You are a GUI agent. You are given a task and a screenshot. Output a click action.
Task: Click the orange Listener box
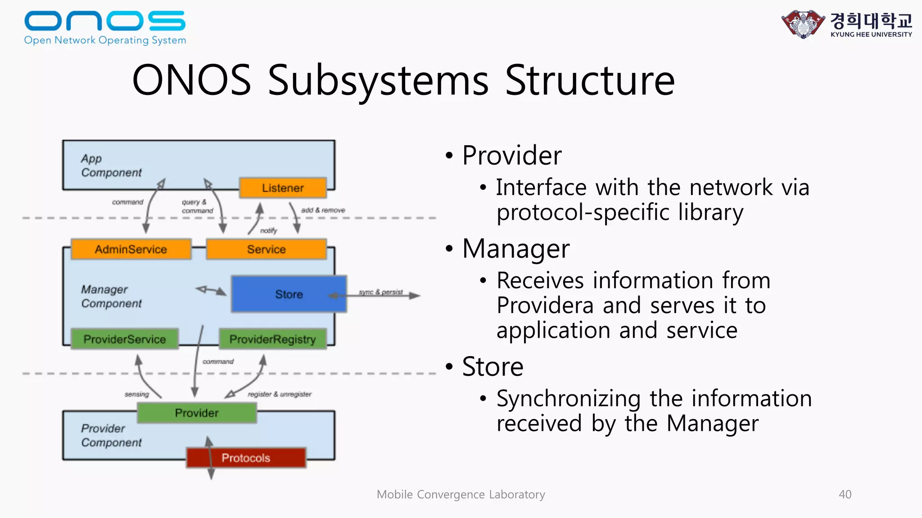[283, 188]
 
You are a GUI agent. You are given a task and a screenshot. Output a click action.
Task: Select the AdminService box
[131, 249]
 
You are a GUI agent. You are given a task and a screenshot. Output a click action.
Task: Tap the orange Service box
[266, 249]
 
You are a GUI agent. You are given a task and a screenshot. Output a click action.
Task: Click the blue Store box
[289, 294]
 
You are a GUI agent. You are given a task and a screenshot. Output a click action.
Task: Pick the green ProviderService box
[125, 339]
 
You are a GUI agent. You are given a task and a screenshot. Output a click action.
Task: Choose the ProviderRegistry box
[273, 339]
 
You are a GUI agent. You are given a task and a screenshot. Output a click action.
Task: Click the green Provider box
[197, 413]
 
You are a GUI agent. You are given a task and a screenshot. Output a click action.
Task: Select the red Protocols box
[246, 458]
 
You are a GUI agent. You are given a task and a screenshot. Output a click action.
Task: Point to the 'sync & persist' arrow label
[380, 292]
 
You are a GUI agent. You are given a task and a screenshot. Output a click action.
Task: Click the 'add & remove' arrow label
[323, 210]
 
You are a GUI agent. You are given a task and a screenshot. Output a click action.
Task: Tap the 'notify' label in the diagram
[269, 231]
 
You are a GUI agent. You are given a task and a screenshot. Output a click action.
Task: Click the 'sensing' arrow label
[137, 394]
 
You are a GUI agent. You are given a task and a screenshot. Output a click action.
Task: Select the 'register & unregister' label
[280, 394]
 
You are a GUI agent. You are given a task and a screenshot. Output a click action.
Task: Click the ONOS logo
[105, 27]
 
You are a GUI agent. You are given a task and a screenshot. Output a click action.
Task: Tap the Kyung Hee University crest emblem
[803, 24]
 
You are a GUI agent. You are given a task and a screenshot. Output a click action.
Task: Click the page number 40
[845, 494]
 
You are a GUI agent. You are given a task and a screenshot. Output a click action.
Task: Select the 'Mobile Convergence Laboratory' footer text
[461, 494]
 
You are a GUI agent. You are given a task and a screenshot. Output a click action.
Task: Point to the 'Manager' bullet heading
[516, 248]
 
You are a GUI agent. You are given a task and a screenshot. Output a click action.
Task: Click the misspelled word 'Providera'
[545, 305]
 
